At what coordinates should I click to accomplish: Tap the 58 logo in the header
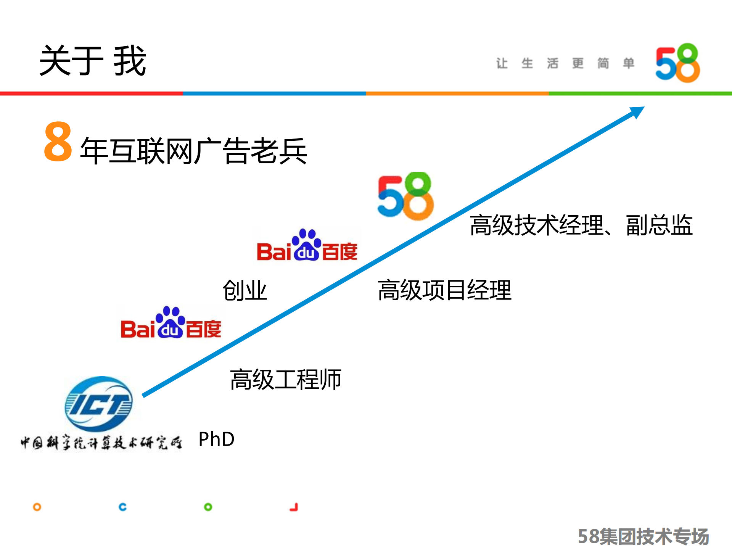(677, 63)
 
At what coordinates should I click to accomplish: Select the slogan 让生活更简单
(565, 63)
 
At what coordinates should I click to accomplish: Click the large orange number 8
(58, 142)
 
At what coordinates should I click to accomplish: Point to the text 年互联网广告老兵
(193, 151)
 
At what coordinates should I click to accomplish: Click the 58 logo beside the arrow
(405, 196)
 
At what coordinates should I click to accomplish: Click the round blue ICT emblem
(99, 404)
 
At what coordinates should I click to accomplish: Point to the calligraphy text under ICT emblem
(101, 443)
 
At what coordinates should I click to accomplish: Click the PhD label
(216, 439)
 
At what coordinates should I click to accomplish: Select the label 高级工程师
(285, 380)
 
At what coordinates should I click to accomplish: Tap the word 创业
(245, 290)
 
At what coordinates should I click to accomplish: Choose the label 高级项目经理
(444, 290)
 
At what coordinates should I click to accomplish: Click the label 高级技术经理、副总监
(581, 225)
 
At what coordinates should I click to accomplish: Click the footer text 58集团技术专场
(643, 536)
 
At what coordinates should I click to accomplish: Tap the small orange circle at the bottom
(37, 507)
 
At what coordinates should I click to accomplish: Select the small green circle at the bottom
(208, 507)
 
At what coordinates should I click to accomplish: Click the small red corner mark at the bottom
(294, 507)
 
